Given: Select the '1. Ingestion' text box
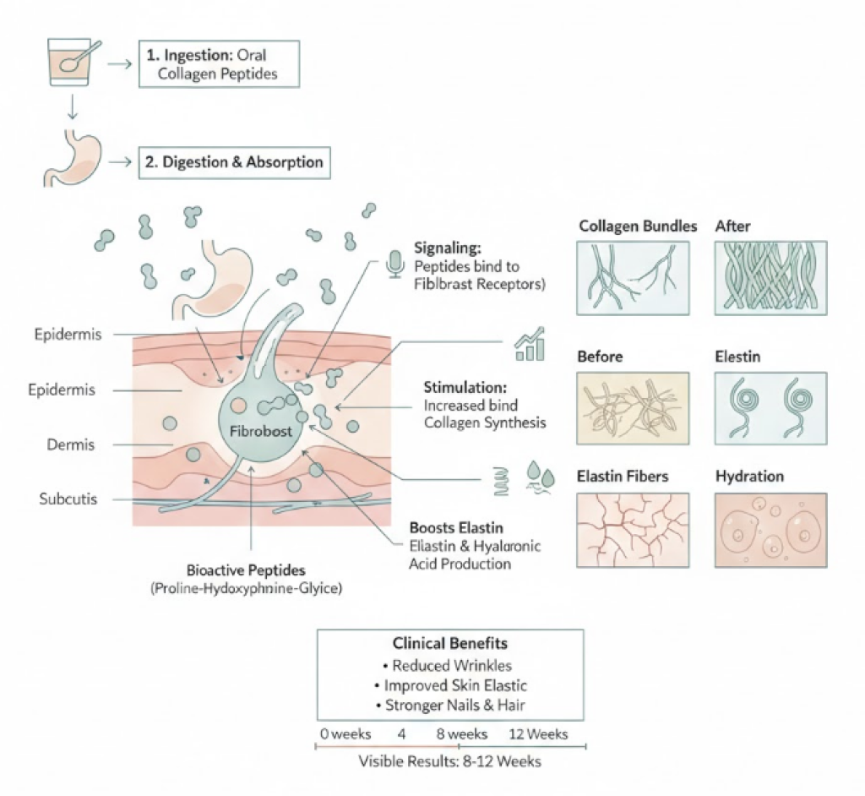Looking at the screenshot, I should point(217,63).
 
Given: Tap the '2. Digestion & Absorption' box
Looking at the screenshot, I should point(233,161).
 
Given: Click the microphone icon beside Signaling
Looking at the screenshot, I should point(394,264).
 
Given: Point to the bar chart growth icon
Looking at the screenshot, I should point(530,345).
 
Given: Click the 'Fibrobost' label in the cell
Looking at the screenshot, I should point(261,430).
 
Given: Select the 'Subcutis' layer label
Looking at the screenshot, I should point(68,499).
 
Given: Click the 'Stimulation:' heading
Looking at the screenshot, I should point(465,387).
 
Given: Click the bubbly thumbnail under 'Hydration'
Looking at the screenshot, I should point(770,530).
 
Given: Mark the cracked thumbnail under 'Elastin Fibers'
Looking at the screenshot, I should point(633,530).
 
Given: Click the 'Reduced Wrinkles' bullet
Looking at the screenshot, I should point(449,666).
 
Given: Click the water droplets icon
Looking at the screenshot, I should point(538,475).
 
